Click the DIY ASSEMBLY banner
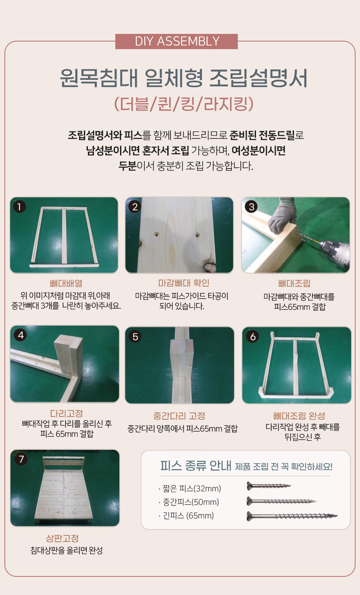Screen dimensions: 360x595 [x=177, y=42]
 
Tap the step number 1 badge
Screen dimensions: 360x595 [x=19, y=207]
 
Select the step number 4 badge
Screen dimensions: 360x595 [x=20, y=335]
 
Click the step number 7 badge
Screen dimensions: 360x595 [x=21, y=459]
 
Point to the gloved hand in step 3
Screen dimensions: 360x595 [x=283, y=215]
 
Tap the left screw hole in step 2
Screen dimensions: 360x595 [x=157, y=234]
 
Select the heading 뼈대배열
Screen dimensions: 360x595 [x=66, y=283]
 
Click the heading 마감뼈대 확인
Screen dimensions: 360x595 [x=184, y=283]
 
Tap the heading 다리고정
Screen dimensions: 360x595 [x=67, y=413]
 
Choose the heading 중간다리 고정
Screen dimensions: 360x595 [x=179, y=416]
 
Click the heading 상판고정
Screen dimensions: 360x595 [x=62, y=539]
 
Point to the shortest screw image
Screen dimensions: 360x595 [x=268, y=486]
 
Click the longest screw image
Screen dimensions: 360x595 [x=292, y=516]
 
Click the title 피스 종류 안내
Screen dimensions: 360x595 [x=196, y=466]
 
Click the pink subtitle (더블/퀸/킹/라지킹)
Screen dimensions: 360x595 [x=183, y=104]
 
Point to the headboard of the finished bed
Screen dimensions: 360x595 [x=64, y=460]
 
